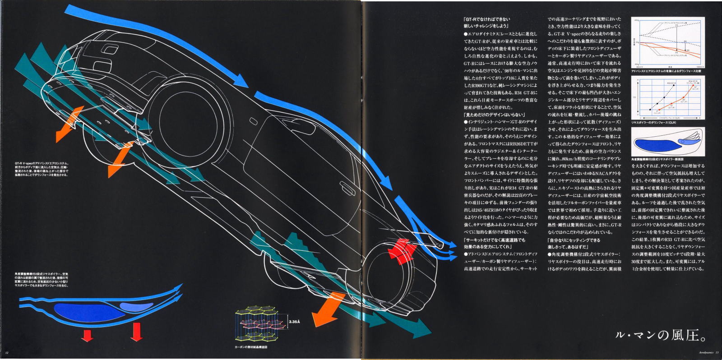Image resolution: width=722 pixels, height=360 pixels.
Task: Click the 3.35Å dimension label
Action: (294, 322)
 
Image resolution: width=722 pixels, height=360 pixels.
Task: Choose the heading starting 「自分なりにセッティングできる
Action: (574, 240)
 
